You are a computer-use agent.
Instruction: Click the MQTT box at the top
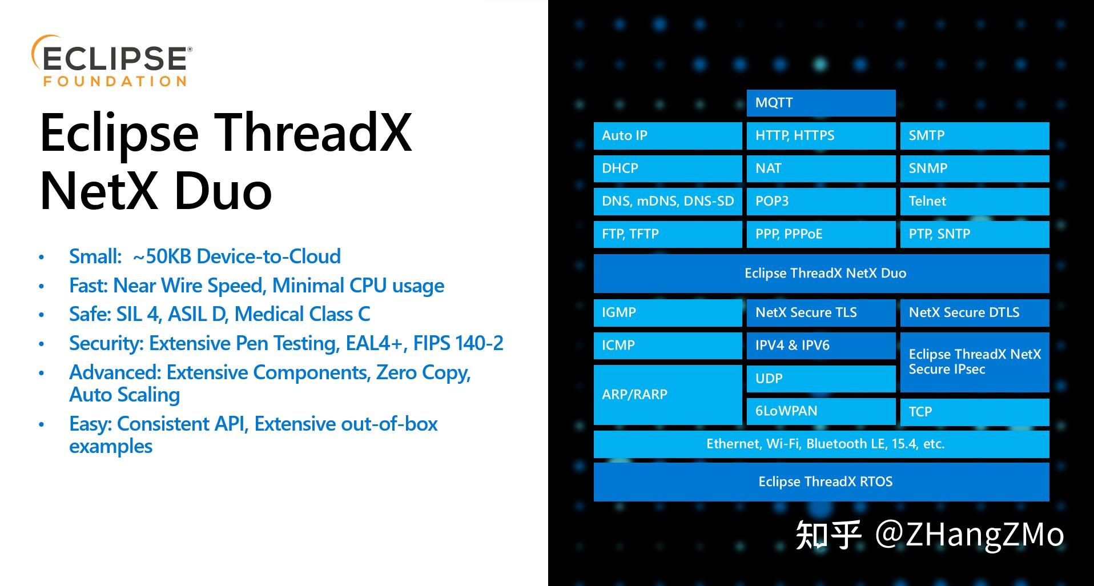(x=821, y=103)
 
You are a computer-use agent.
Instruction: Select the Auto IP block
(x=668, y=136)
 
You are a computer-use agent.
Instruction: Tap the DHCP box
(x=668, y=168)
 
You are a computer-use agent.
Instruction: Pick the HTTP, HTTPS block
(x=821, y=136)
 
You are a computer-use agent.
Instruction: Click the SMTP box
(x=975, y=136)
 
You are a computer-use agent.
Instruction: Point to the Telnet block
(x=975, y=202)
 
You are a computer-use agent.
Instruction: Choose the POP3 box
(x=821, y=202)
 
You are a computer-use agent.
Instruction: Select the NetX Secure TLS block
(x=821, y=313)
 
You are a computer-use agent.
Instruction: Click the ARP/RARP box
(x=668, y=395)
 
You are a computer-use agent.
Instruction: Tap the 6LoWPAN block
(x=821, y=411)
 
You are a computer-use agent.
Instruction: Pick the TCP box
(x=975, y=412)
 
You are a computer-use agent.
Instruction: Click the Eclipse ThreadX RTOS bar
(x=822, y=482)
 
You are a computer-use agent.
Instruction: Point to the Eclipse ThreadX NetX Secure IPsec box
(x=975, y=362)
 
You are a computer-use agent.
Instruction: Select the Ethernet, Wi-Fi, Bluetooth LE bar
(x=822, y=444)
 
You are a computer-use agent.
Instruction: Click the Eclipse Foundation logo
(x=112, y=61)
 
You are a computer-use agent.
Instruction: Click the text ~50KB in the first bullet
(x=162, y=256)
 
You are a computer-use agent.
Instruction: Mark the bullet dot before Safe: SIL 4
(x=41, y=315)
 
